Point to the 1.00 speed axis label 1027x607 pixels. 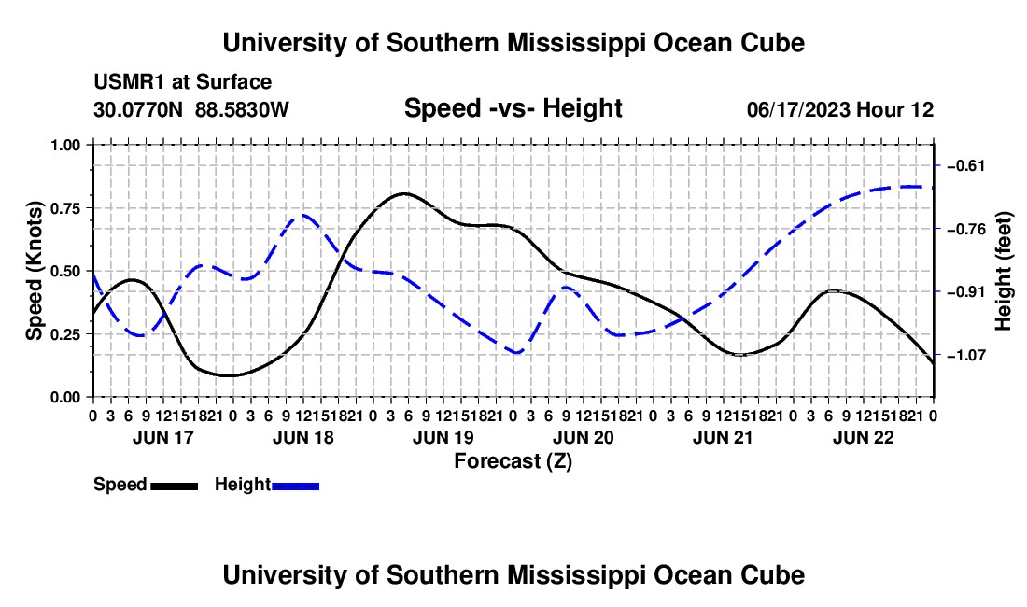pos(65,145)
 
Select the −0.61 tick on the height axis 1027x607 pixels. pos(966,165)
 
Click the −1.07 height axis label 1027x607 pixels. pos(966,355)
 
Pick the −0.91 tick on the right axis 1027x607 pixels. pos(966,291)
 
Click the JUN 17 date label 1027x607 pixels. pos(163,437)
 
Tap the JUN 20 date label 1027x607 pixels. pos(583,437)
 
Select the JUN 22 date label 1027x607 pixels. pos(864,437)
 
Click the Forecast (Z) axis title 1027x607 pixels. pos(513,461)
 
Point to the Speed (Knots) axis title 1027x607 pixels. pos(34,271)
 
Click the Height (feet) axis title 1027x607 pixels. pos(1003,271)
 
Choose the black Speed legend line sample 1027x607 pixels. pos(175,487)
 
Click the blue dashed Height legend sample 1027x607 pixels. pos(295,487)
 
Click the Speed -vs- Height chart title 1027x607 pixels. pos(513,108)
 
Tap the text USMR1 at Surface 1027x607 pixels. pos(183,82)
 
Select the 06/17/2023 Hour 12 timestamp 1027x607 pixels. pos(840,109)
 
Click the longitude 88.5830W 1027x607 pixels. pos(242,109)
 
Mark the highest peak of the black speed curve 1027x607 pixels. pos(403,193)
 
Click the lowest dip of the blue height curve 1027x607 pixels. pos(517,353)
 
